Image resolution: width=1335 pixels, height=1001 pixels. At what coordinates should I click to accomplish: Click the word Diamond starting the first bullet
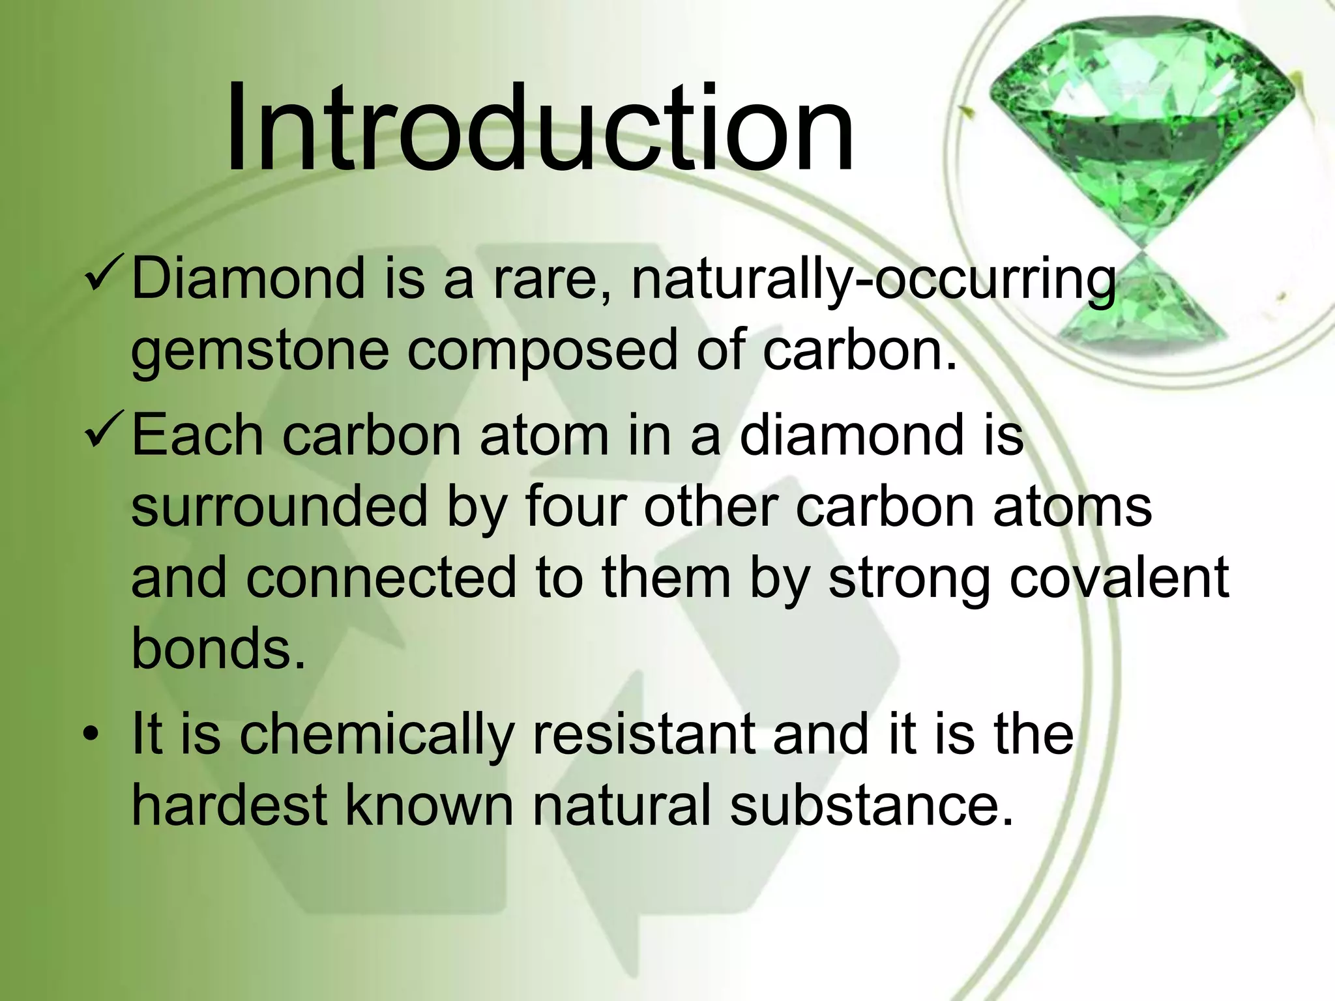coord(247,279)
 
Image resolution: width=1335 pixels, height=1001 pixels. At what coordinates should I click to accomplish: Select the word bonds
coord(218,648)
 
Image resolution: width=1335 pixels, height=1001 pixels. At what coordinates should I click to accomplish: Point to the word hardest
coord(229,805)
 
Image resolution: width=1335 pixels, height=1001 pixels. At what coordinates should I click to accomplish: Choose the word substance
coord(872,805)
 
